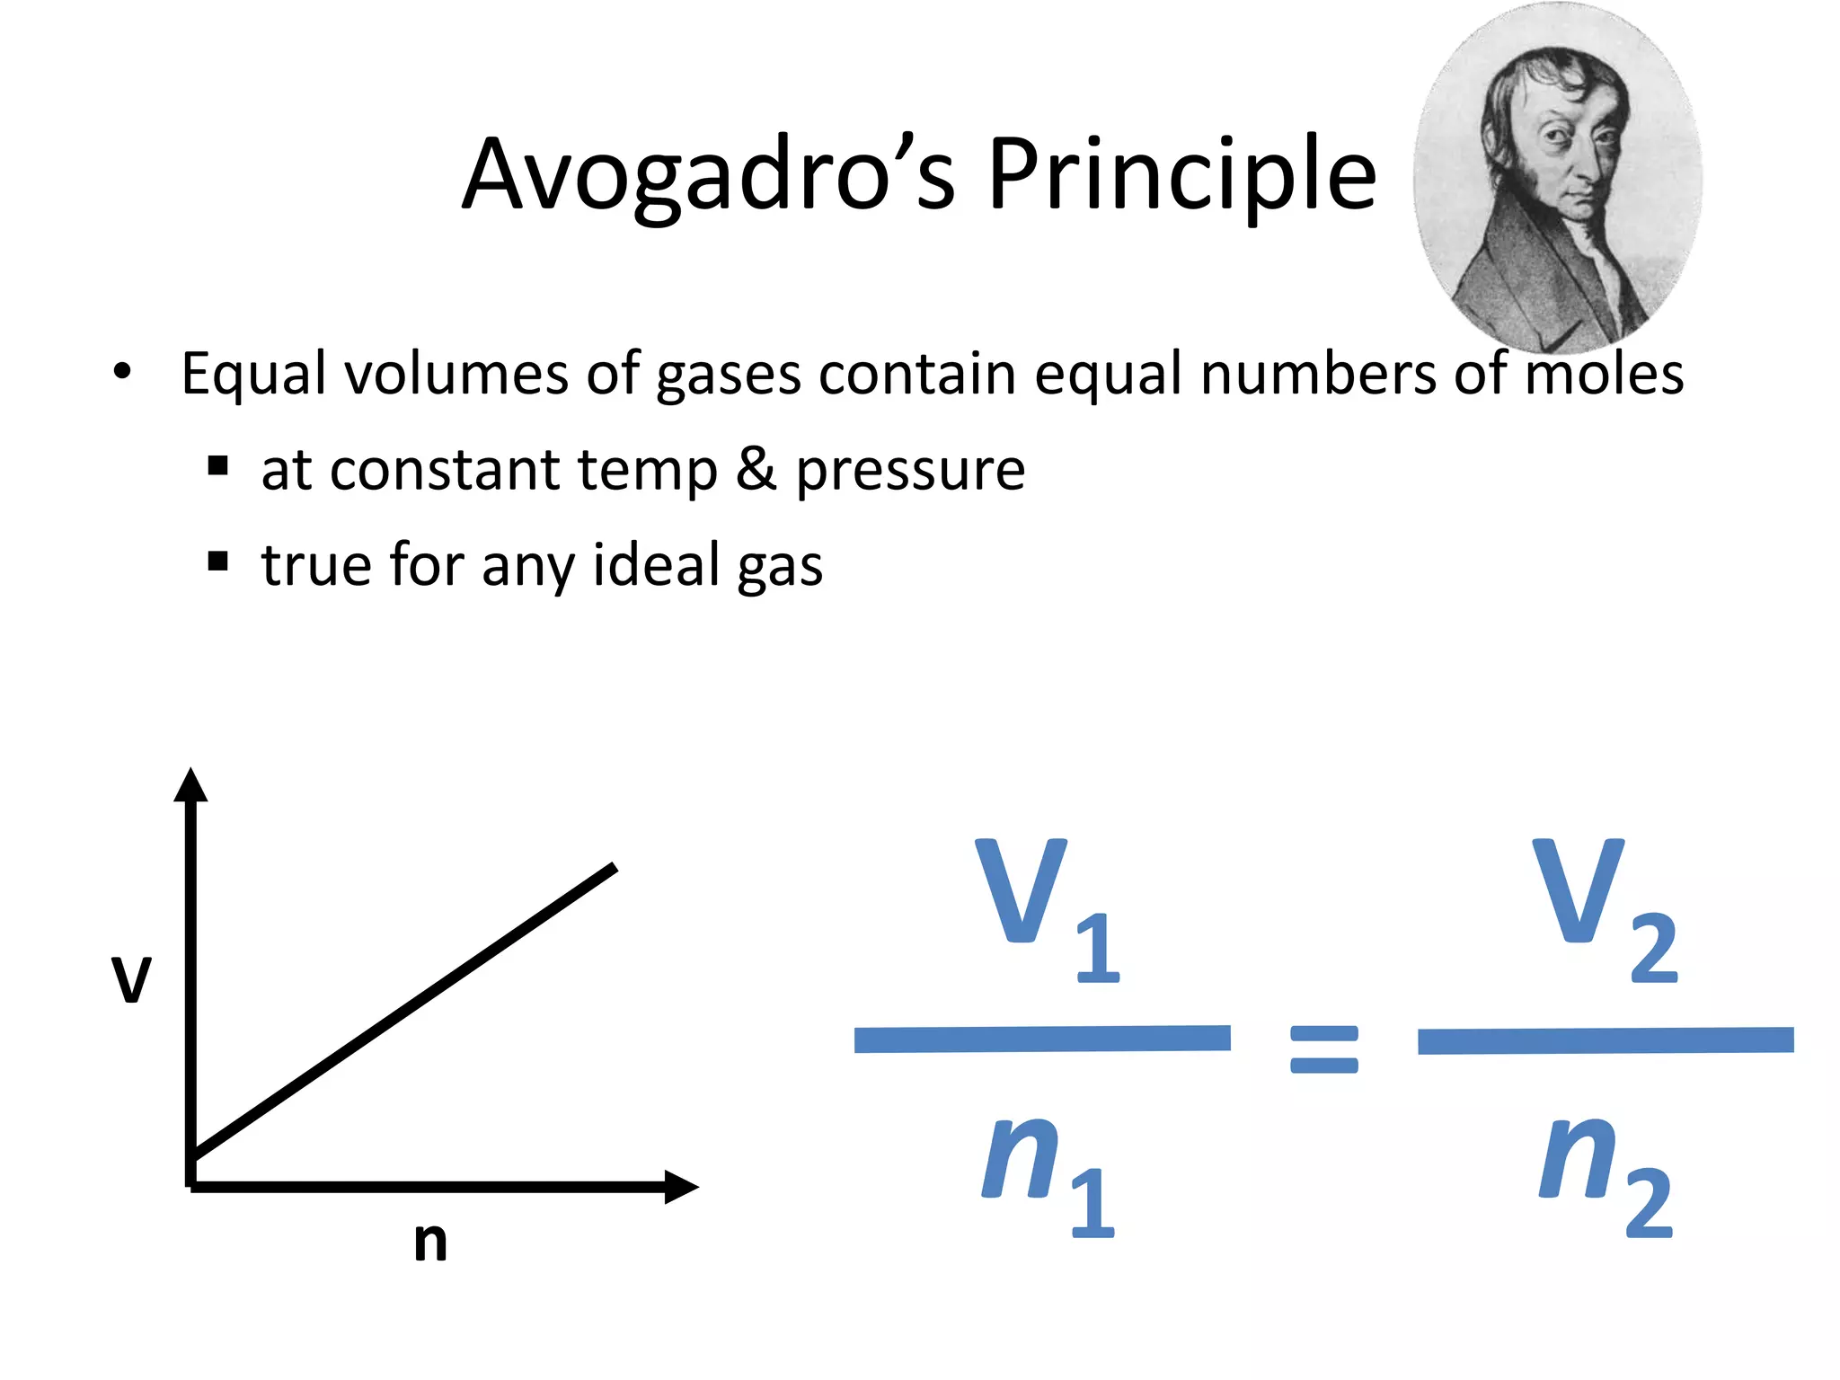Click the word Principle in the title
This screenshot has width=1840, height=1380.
(1181, 175)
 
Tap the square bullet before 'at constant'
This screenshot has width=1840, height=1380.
(217, 466)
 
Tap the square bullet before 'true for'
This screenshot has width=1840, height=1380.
(217, 562)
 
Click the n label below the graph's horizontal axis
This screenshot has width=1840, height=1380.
(430, 1242)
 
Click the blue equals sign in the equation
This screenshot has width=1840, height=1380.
(1323, 1049)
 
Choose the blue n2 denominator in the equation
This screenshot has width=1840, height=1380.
(1604, 1172)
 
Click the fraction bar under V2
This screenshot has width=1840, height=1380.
(1606, 1040)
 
